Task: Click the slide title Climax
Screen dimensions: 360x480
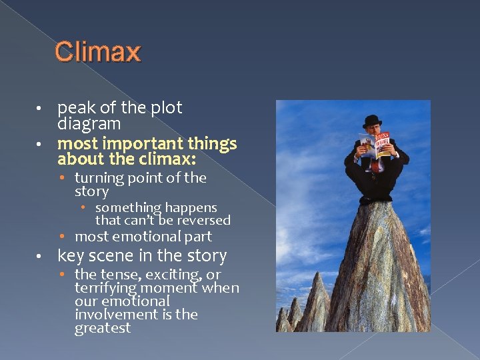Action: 97,52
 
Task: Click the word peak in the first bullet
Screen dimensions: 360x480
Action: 75,109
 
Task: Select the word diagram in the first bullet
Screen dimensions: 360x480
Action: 89,124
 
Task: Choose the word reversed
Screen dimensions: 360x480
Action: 206,220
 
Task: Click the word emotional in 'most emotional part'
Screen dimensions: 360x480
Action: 147,237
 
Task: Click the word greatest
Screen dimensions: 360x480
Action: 103,329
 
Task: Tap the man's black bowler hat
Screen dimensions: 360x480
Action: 371,121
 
